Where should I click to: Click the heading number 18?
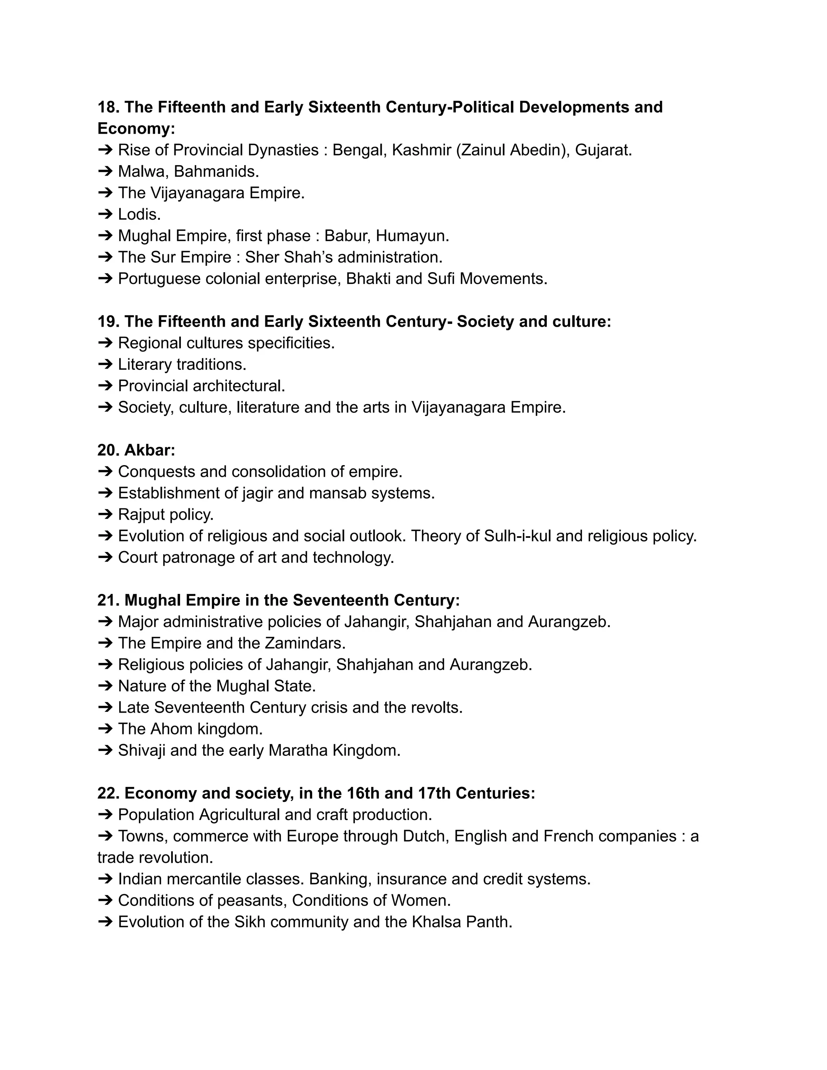click(x=108, y=107)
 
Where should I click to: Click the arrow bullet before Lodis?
click(x=105, y=214)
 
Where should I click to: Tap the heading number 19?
click(x=108, y=321)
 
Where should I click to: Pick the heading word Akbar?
click(x=149, y=450)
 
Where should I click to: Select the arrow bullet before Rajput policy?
click(x=105, y=514)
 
